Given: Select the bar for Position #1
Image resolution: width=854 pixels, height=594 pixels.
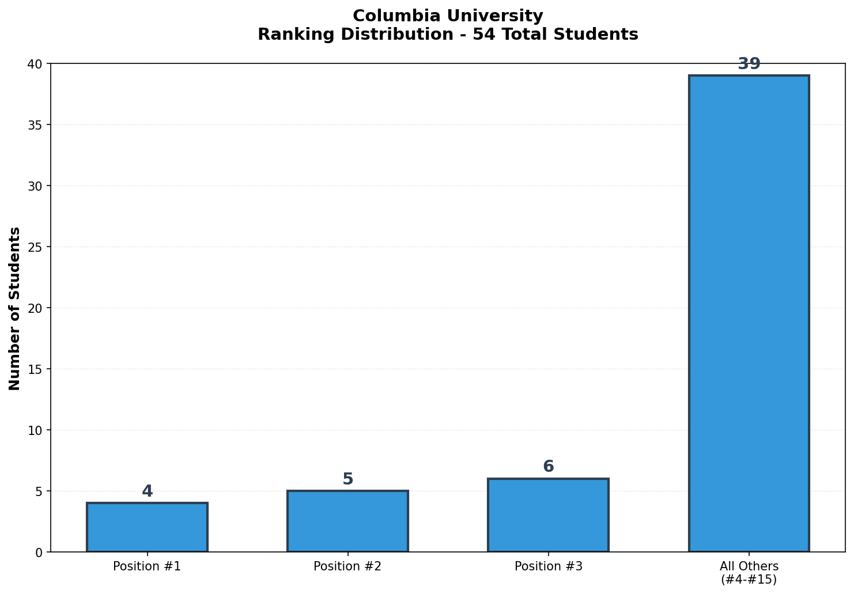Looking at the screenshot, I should click(147, 527).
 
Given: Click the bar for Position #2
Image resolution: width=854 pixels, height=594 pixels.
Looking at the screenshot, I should click(347, 521).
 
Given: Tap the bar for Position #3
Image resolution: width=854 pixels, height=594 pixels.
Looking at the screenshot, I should click(548, 515).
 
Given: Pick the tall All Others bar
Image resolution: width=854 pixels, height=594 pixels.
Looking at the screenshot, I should click(749, 313).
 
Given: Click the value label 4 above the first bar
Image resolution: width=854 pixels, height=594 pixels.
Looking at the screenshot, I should click(147, 491).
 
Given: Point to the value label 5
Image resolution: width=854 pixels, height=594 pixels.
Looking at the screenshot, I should click(347, 479).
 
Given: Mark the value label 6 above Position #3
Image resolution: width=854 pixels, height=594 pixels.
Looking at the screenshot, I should click(548, 467).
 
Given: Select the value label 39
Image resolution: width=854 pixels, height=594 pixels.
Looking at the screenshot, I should click(749, 64).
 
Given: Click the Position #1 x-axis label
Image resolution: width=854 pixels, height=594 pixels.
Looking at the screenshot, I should click(147, 566).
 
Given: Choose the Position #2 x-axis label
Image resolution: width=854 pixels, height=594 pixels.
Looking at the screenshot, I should click(347, 566).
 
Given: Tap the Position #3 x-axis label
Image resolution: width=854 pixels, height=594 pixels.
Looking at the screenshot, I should click(548, 566).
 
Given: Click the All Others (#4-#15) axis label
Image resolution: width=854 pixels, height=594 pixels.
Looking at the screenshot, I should click(749, 573).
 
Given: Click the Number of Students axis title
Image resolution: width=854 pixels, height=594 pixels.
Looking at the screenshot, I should click(15, 308).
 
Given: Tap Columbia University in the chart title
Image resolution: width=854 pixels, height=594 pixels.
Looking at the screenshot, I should click(448, 16).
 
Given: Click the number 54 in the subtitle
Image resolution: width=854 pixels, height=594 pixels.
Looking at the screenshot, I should click(482, 35).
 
